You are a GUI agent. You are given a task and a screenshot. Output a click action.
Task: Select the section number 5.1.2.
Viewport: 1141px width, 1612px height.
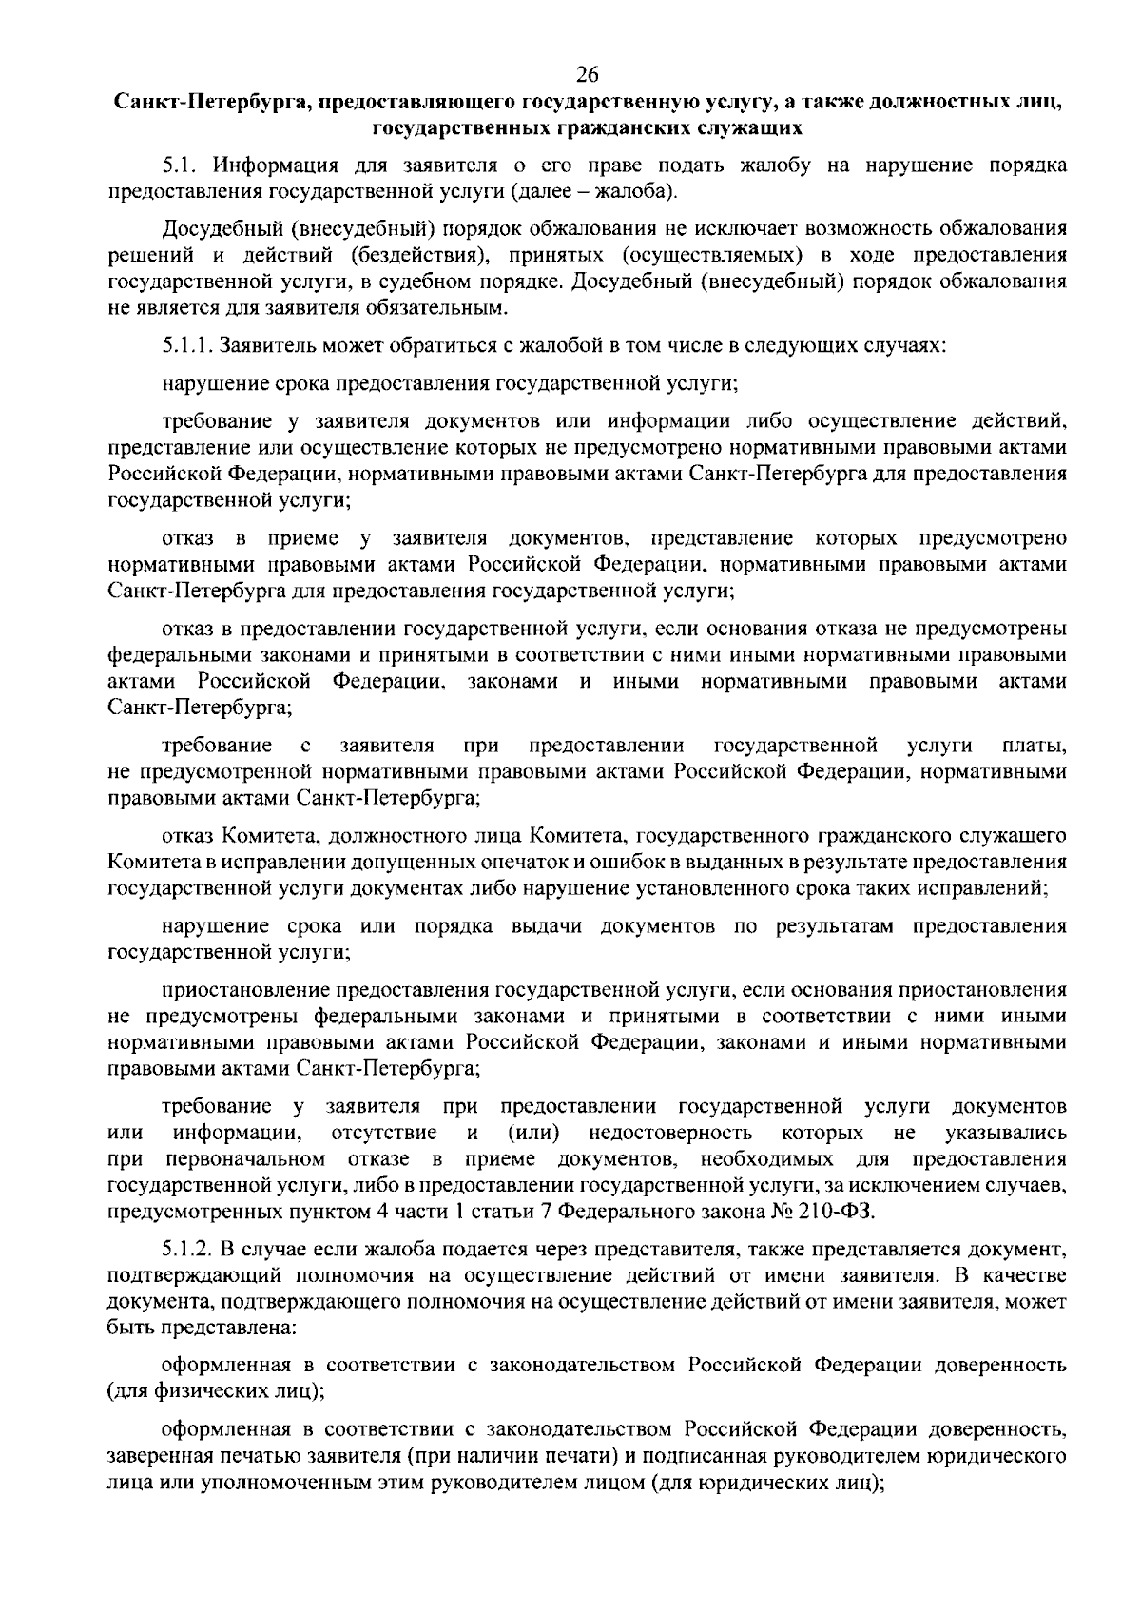point(186,1247)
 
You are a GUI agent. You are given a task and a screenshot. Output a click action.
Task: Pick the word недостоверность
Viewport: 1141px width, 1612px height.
point(670,1133)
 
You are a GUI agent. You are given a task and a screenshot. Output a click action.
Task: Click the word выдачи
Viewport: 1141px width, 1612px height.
point(546,926)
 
